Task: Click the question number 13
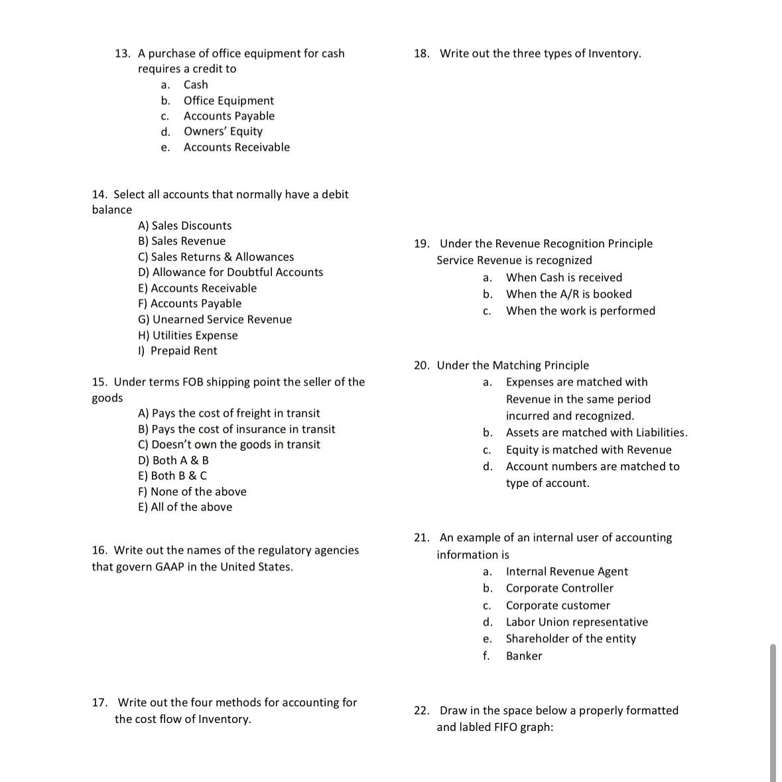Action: point(122,54)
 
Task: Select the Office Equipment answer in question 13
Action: point(228,101)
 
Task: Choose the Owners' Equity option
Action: point(223,132)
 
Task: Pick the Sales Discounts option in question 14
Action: point(184,226)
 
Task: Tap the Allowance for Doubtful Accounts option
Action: point(230,273)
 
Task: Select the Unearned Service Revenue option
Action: point(214,320)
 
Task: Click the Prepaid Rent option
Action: point(177,351)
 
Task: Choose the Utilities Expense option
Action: point(188,336)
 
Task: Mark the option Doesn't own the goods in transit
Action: point(229,445)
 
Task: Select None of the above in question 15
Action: point(192,492)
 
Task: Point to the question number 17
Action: point(99,702)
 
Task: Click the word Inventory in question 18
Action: point(614,54)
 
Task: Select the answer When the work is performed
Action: point(580,311)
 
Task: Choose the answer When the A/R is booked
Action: point(568,294)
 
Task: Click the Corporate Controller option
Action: point(559,588)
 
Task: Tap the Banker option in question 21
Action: point(523,656)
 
